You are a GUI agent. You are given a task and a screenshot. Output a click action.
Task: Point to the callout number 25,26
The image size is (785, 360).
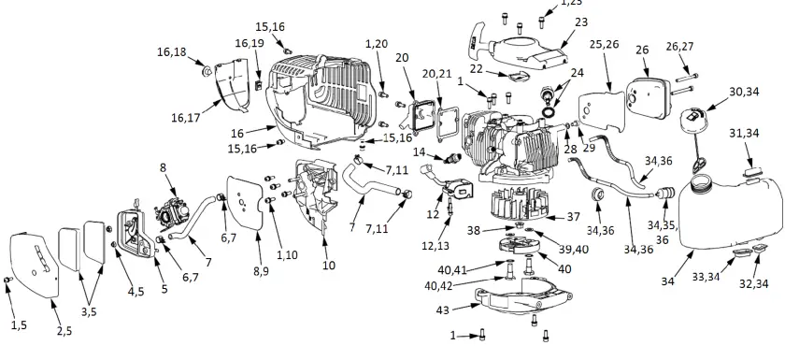point(604,44)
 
